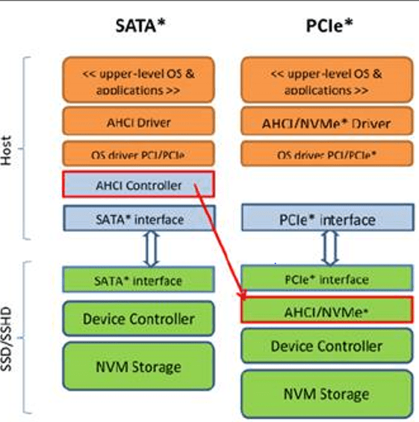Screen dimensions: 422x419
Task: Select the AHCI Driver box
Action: click(x=138, y=122)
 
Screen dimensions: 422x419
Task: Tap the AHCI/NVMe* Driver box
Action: click(x=326, y=122)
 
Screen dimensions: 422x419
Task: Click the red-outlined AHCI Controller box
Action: click(x=138, y=184)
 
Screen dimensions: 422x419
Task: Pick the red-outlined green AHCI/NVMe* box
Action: click(x=327, y=308)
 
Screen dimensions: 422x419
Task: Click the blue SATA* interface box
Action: click(x=138, y=220)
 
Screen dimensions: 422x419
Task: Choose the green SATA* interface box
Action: click(x=138, y=281)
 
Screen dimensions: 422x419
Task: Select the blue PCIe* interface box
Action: click(x=327, y=220)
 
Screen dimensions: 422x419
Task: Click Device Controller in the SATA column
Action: click(x=138, y=319)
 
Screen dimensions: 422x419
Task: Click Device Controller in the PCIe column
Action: click(x=327, y=346)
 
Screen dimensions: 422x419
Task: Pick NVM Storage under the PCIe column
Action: click(x=327, y=394)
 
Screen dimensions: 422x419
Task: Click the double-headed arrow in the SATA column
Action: click(x=152, y=250)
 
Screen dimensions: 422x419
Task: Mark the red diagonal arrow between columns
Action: click(x=220, y=239)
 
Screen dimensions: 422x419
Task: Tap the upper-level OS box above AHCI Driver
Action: click(x=138, y=81)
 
